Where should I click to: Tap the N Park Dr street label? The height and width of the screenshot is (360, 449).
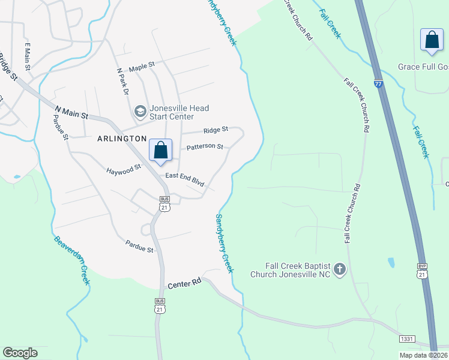pos(122,81)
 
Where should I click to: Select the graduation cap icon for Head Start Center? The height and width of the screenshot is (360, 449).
pos(140,111)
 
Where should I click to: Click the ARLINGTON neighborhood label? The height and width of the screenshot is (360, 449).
pos(122,138)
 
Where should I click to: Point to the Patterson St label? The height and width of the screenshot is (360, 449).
pos(205,146)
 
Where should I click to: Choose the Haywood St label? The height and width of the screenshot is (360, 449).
pos(123,168)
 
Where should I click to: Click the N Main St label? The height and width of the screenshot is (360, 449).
pos(71,111)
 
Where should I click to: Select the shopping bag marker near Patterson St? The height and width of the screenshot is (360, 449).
pos(161,151)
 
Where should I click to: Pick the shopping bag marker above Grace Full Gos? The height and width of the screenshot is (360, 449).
pos(432,40)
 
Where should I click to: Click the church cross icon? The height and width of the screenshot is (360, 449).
pos(340,269)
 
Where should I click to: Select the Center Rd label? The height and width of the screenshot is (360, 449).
pos(183,286)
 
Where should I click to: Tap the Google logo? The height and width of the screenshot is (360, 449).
pos(20,353)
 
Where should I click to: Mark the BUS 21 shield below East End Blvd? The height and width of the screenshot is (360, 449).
pos(164,203)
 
